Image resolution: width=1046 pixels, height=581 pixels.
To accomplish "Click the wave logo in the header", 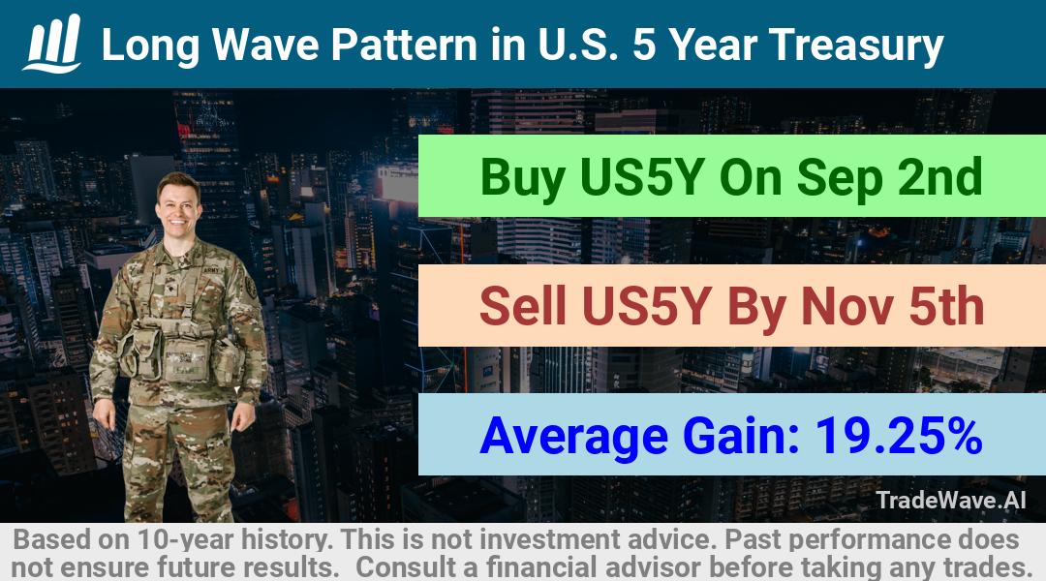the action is pyautogui.click(x=52, y=43).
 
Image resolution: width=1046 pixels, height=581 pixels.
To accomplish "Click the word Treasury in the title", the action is pyautogui.click(x=856, y=46).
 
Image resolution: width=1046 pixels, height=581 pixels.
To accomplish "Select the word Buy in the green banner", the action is pyautogui.click(x=522, y=177).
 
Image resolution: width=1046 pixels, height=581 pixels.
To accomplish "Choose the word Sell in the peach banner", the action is pyautogui.click(x=522, y=306).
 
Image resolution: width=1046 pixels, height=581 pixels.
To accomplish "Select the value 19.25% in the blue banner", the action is pyautogui.click(x=899, y=436).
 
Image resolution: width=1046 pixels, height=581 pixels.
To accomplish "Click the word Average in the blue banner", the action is pyautogui.click(x=573, y=437).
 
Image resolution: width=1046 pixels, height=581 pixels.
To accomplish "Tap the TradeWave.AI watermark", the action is pyautogui.click(x=951, y=501).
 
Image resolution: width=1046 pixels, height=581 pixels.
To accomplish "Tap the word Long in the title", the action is pyautogui.click(x=150, y=46).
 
